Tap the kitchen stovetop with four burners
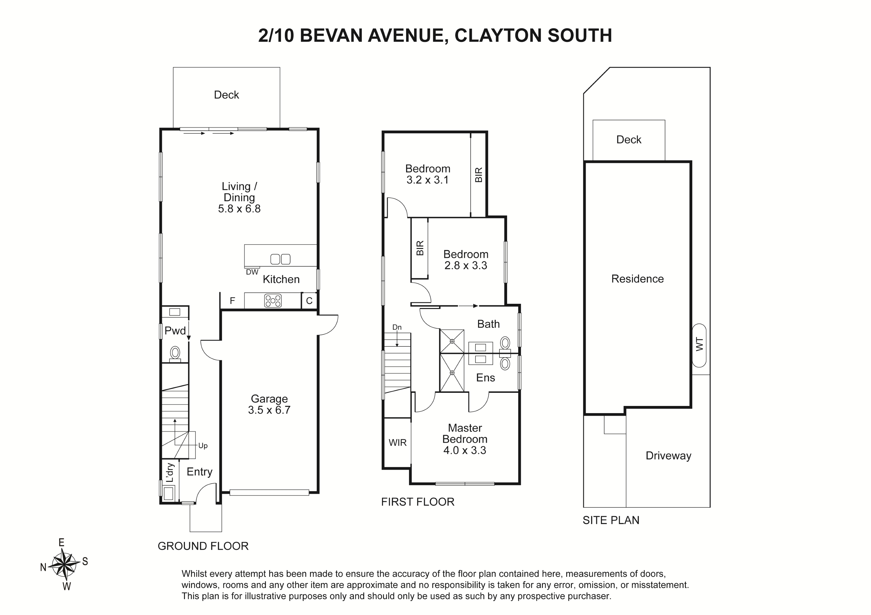pyautogui.click(x=273, y=301)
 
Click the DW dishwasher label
pyautogui.click(x=252, y=272)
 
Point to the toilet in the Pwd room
pyautogui.click(x=175, y=354)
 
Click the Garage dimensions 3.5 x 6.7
pyautogui.click(x=269, y=410)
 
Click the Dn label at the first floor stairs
pyautogui.click(x=397, y=327)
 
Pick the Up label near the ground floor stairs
pyautogui.click(x=203, y=446)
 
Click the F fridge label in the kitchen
pyautogui.click(x=233, y=301)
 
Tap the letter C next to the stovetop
pyautogui.click(x=309, y=301)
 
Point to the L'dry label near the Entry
pyautogui.click(x=170, y=472)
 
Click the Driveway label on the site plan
pyautogui.click(x=668, y=456)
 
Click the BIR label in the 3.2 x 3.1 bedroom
pyautogui.click(x=479, y=175)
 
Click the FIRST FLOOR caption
pyautogui.click(x=418, y=502)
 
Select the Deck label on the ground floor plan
pyautogui.click(x=226, y=95)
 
